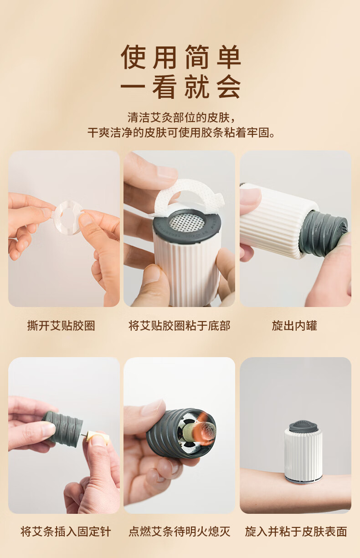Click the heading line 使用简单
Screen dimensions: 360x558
pyautogui.click(x=180, y=57)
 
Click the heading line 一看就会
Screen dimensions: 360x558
pyautogui.click(x=180, y=87)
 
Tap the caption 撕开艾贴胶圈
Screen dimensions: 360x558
pyautogui.click(x=61, y=326)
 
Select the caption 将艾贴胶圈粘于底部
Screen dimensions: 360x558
pyautogui.click(x=180, y=326)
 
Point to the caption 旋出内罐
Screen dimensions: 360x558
pyautogui.click(x=294, y=326)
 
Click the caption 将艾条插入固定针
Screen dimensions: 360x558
pyautogui.click(x=66, y=531)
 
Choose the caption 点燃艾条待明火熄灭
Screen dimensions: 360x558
pyautogui.click(x=180, y=531)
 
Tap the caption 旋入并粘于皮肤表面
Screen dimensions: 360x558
pyautogui.click(x=296, y=531)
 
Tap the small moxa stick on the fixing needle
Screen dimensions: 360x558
pyautogui.click(x=98, y=438)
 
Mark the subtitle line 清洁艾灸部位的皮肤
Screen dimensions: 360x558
pyautogui.click(x=181, y=118)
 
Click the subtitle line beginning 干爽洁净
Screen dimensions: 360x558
pyautogui.click(x=181, y=132)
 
